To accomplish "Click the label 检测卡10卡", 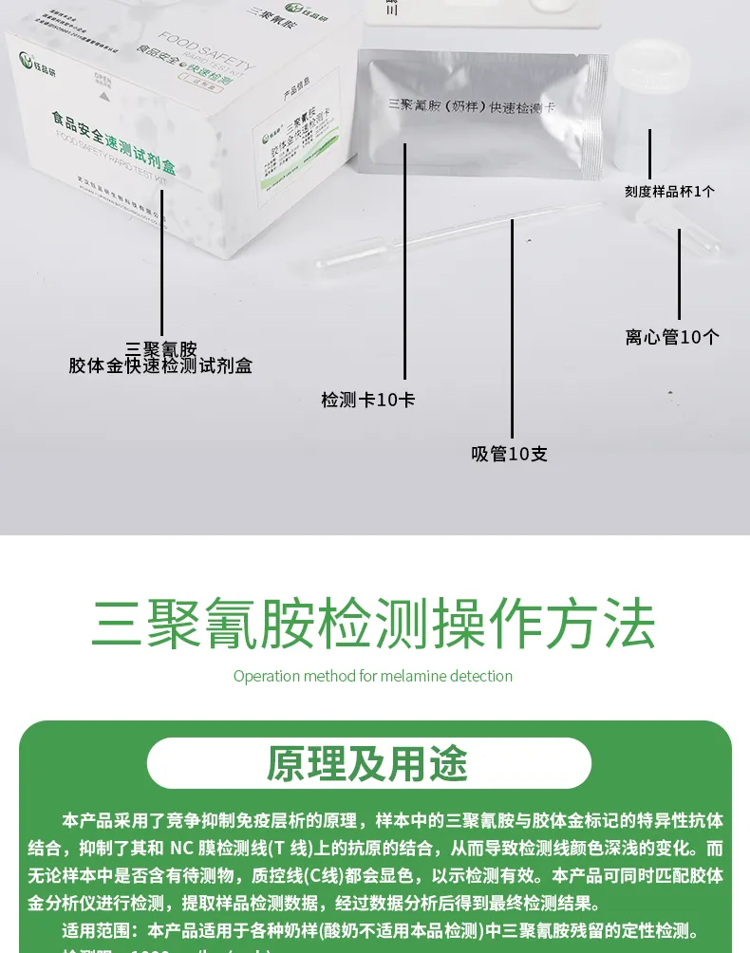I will coord(368,400).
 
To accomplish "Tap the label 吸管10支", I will coord(509,454).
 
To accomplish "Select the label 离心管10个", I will coord(672,337).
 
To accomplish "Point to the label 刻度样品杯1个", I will coord(669,191).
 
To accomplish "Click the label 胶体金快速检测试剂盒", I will coord(160,365).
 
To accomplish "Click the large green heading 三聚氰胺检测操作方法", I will coord(374,624).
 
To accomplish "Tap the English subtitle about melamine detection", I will coord(373,676).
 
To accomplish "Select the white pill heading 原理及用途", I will coord(368,763).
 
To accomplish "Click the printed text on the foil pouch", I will coord(471,106).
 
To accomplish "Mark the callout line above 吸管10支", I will coord(512,327).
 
